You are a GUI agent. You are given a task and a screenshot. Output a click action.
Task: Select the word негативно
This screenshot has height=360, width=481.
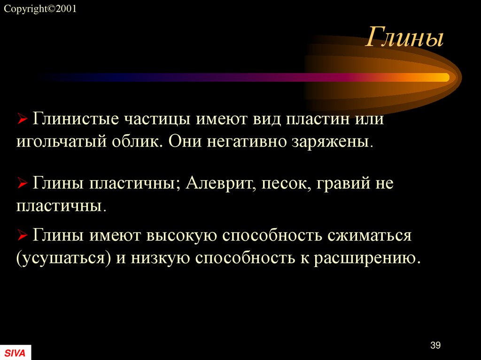pos(254,141)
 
